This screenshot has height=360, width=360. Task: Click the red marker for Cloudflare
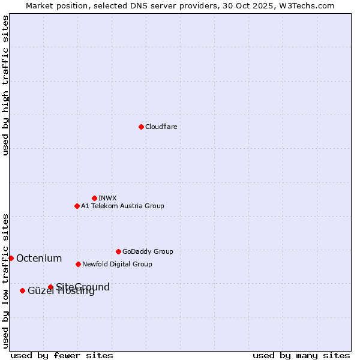pos(141,127)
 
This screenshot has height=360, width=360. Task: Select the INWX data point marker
pos(94,198)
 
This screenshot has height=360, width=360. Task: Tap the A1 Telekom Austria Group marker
pos(77,206)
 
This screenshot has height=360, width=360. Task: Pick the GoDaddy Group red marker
pos(118,251)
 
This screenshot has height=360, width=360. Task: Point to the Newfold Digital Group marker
pos(78,264)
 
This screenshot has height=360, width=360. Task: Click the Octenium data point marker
pos(11,258)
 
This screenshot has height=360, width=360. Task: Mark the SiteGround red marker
pos(50,287)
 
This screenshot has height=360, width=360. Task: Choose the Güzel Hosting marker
pos(22,290)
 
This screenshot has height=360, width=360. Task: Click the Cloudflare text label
pos(161,127)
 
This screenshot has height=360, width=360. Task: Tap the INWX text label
pos(107,198)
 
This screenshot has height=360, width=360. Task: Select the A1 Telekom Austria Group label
pos(122,206)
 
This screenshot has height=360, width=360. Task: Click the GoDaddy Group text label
pos(148,251)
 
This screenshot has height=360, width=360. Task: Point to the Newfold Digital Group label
pos(117,264)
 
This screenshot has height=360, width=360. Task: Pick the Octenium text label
pos(39,259)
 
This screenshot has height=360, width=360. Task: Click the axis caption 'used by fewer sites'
pos(62,355)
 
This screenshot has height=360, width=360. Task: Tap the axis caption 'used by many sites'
pos(301,355)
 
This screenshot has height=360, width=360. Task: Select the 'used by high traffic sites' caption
pos(6,85)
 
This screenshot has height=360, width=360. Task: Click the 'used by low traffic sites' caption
pos(6,280)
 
